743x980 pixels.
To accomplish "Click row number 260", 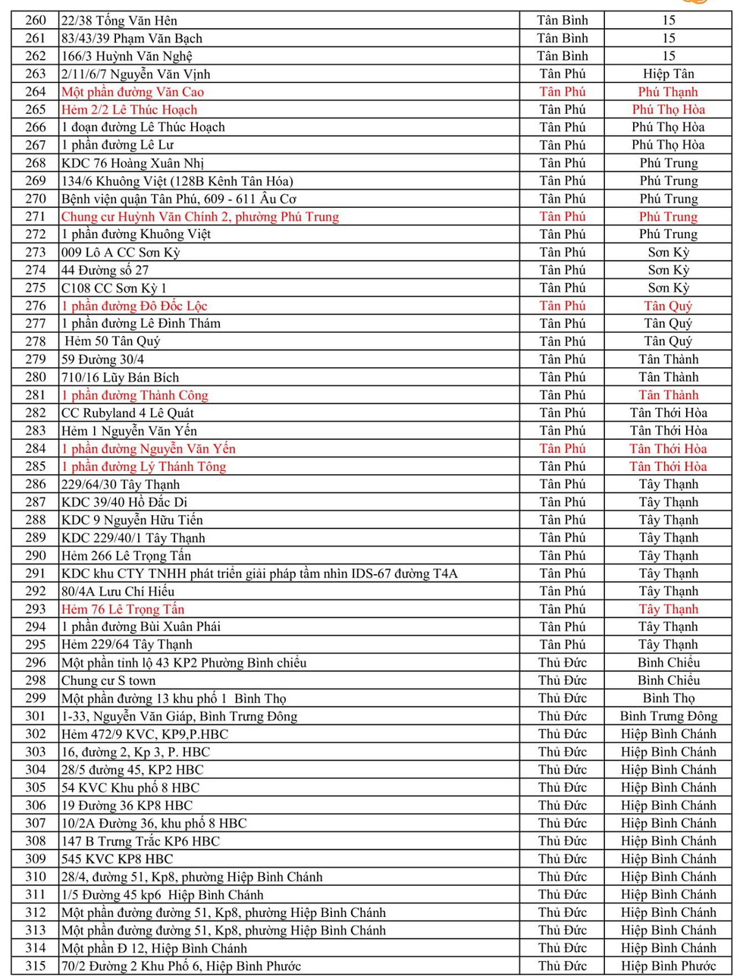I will click(x=36, y=20).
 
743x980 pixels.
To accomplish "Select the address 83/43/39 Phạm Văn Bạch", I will click(x=132, y=39).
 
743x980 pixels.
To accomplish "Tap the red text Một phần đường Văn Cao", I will click(x=133, y=92).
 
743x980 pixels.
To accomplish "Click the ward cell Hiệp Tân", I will click(x=668, y=74).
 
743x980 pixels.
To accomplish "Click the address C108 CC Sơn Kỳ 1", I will click(x=114, y=288).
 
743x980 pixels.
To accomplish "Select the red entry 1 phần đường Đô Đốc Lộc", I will click(x=134, y=306).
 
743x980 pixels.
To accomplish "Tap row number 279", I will click(x=36, y=360).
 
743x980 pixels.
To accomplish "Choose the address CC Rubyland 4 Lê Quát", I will click(x=127, y=413).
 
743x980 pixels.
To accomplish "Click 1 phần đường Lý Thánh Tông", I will click(x=144, y=466).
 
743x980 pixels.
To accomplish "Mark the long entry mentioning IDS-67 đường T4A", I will click(x=259, y=574).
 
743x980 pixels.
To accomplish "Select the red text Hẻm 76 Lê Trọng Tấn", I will click(x=123, y=609).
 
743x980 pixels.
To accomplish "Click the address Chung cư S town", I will click(x=108, y=681).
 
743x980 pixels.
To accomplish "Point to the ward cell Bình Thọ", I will click(x=668, y=699).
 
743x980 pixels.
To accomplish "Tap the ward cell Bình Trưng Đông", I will click(x=668, y=717).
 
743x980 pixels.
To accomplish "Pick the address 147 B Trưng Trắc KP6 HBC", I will click(x=140, y=841).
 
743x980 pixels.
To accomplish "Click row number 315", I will click(x=36, y=966).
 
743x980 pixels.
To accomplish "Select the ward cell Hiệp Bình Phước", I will click(x=668, y=966).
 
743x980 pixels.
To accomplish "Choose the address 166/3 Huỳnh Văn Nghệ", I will click(x=127, y=56).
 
